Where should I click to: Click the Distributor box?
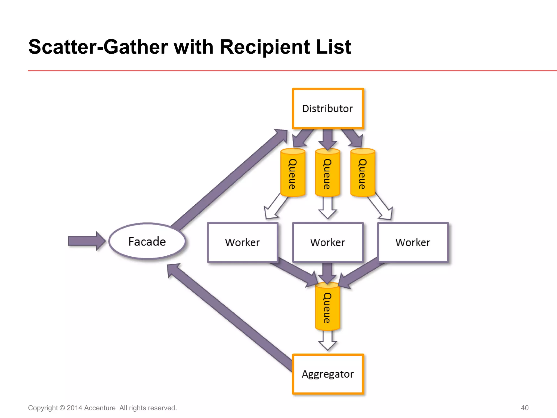328,108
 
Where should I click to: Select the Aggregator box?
328,374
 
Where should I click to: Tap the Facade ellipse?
147,241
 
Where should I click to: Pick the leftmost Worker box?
242,242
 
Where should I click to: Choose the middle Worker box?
328,242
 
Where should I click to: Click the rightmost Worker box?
413,242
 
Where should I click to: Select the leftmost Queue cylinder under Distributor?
293,173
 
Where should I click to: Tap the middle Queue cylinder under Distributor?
327,173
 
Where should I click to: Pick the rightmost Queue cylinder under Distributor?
363,173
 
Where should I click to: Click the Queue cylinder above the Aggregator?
327,307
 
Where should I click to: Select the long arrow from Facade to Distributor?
228,180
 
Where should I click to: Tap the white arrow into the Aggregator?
327,342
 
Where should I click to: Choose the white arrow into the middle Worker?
327,208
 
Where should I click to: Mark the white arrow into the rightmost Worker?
381,208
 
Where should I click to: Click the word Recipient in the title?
265,47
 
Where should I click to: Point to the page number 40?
524,408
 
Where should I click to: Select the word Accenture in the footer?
100,408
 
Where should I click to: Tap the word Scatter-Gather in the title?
98,47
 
